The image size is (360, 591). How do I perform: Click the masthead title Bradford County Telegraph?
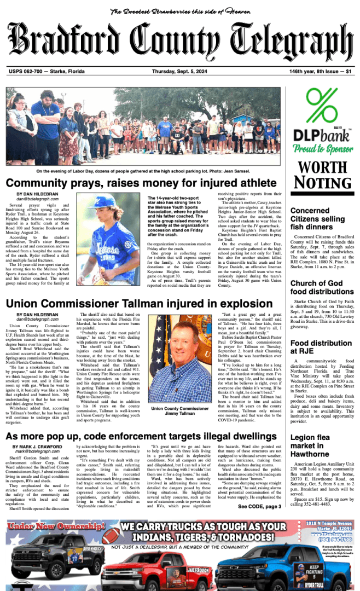(x=179, y=43)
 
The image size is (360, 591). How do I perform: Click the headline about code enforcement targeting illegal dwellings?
(x=141, y=436)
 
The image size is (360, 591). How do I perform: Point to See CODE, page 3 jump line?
(x=259, y=507)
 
